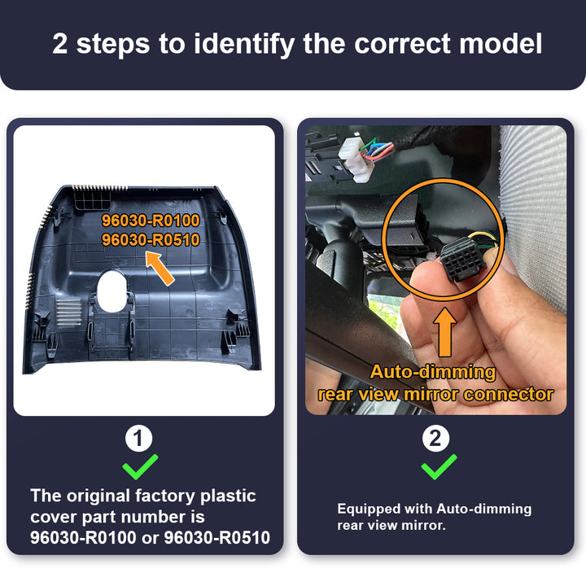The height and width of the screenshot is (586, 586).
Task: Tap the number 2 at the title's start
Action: pyautogui.click(x=60, y=43)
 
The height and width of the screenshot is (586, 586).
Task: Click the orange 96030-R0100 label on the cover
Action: pyautogui.click(x=151, y=221)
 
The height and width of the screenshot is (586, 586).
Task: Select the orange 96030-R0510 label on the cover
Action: pyautogui.click(x=151, y=239)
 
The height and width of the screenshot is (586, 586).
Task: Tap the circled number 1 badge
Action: pyautogui.click(x=139, y=440)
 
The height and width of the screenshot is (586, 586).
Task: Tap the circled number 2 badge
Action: pyautogui.click(x=437, y=440)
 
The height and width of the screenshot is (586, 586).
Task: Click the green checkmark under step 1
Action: pyautogui.click(x=139, y=467)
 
